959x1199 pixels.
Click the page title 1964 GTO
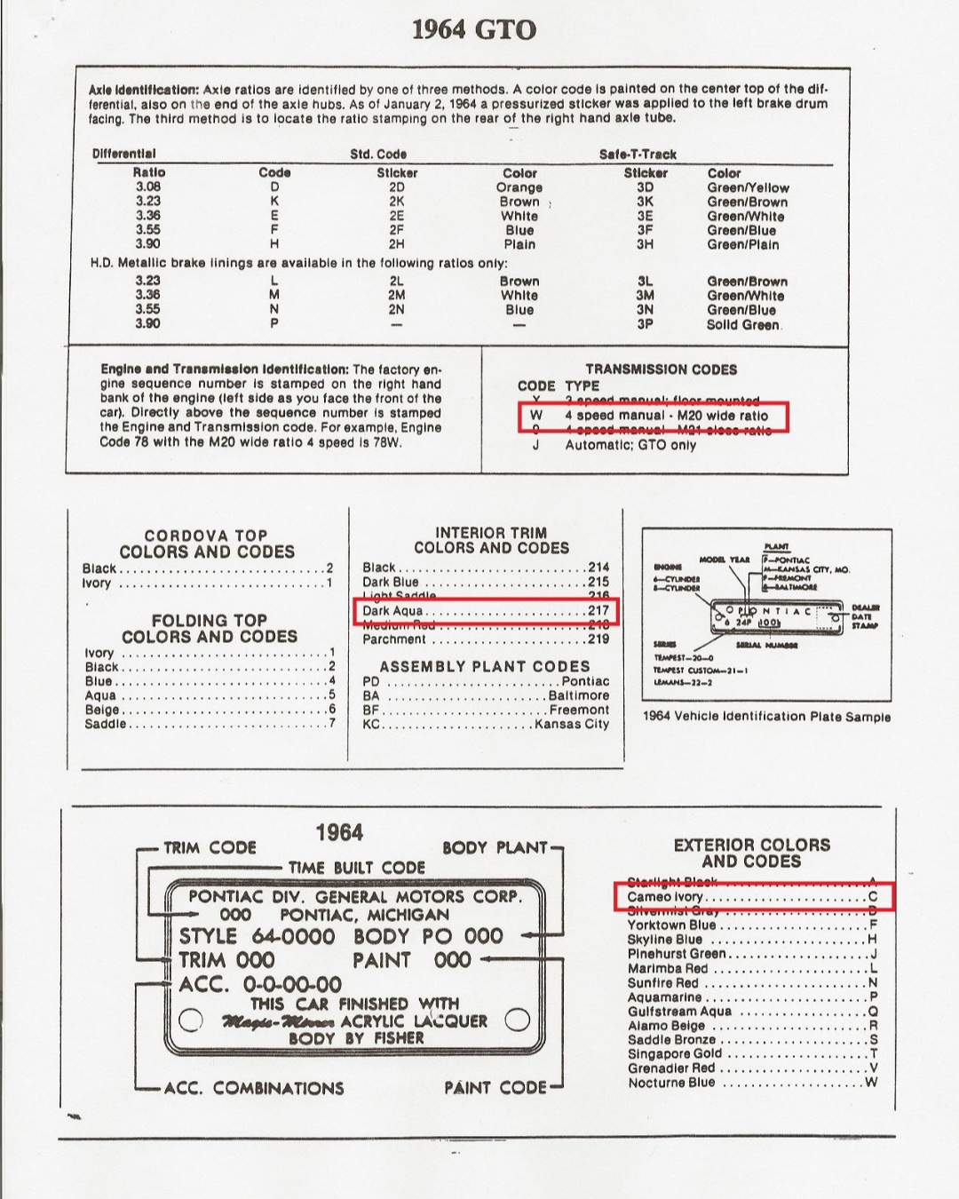pyautogui.click(x=474, y=30)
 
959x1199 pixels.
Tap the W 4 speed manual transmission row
pyautogui.click(x=653, y=416)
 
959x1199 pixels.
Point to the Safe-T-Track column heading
pyautogui.click(x=638, y=155)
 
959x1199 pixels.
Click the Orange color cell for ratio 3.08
pyautogui.click(x=519, y=187)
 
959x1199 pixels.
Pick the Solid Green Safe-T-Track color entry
pyautogui.click(x=744, y=324)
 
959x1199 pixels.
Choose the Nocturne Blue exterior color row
pyautogui.click(x=751, y=1083)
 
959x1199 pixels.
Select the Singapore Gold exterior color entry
pyautogui.click(x=751, y=1054)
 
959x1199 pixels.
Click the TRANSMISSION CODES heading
pyautogui.click(x=661, y=369)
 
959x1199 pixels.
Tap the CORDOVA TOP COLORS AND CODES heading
pyautogui.click(x=207, y=544)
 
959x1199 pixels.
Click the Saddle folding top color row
pyautogui.click(x=210, y=724)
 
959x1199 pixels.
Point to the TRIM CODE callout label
pyautogui.click(x=210, y=848)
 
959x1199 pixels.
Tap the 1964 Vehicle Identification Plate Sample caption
pyautogui.click(x=765, y=717)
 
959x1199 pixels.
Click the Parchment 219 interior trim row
pyautogui.click(x=485, y=639)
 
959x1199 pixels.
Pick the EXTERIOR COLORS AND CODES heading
pyautogui.click(x=751, y=853)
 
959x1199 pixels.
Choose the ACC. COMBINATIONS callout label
pyautogui.click(x=254, y=1088)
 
